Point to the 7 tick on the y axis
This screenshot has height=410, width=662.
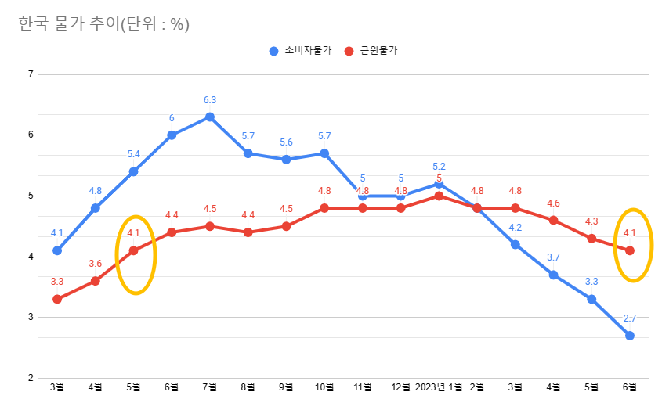(x=31, y=74)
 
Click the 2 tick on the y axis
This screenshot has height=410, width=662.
(x=31, y=378)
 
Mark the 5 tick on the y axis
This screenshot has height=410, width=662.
(x=31, y=196)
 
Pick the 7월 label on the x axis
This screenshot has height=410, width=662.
(x=210, y=387)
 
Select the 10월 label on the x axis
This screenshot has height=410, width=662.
(x=324, y=387)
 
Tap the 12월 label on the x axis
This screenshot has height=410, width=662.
(x=400, y=387)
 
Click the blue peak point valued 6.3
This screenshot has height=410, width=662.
(x=210, y=117)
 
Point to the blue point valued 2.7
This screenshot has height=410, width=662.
(x=630, y=336)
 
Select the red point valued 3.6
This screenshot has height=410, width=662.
(x=96, y=281)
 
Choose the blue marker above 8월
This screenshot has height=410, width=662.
(x=248, y=153)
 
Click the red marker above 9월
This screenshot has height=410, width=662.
(x=286, y=226)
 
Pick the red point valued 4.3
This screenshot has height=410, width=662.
(x=591, y=238)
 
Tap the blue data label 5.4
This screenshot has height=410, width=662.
(x=134, y=154)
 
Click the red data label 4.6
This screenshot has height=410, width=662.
(x=554, y=203)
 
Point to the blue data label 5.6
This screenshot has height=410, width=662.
(x=286, y=142)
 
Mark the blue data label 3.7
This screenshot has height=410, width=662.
(x=554, y=257)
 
